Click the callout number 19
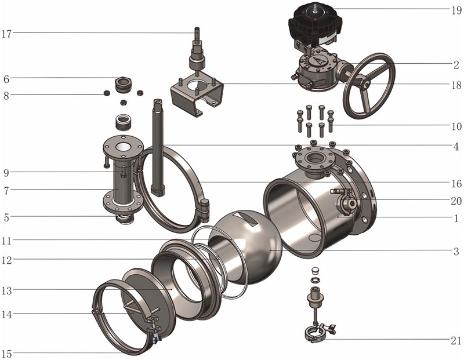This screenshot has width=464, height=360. [x=456, y=10]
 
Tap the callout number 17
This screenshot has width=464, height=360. [x=6, y=34]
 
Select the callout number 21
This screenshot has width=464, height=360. [x=456, y=341]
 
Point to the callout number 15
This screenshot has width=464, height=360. [x=6, y=354]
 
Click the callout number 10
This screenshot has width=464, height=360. [x=456, y=126]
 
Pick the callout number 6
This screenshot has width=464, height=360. [x=6, y=79]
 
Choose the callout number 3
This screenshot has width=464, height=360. [x=456, y=252]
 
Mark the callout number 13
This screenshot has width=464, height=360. [x=6, y=290]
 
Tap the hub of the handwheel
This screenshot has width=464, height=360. [x=367, y=84]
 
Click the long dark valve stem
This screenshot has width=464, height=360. [x=157, y=147]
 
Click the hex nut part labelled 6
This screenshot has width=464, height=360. [x=122, y=83]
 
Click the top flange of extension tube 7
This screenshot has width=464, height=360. [x=124, y=148]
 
